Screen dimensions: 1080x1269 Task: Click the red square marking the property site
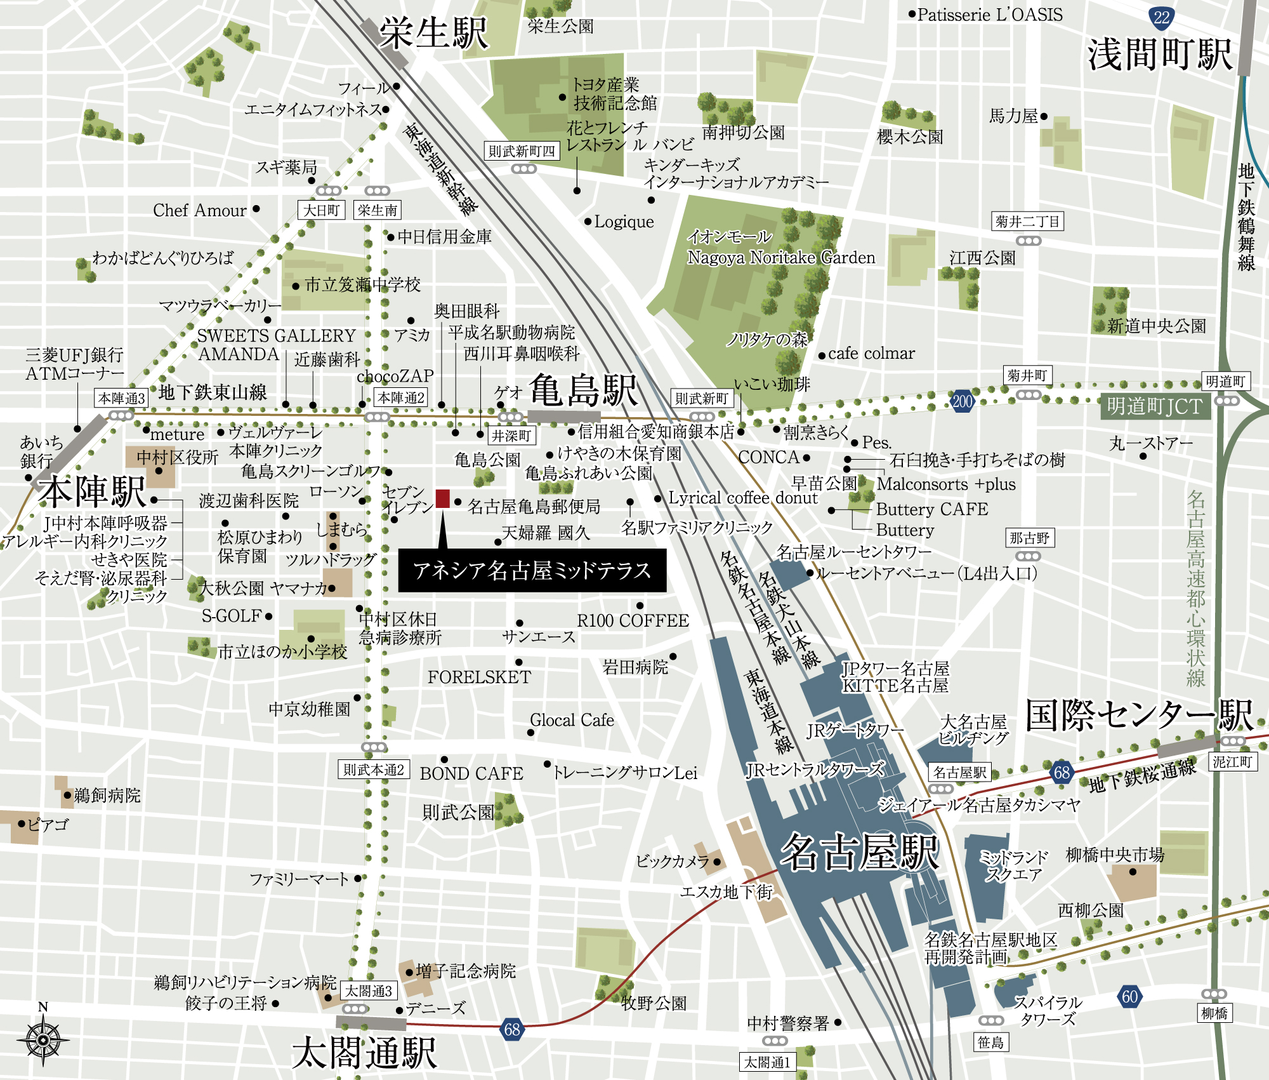click(443, 498)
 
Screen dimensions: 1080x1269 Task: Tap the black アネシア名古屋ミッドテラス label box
click(532, 571)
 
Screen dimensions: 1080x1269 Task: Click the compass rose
click(43, 1039)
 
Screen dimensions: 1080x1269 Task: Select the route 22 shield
click(1161, 18)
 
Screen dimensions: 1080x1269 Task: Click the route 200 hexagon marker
click(962, 401)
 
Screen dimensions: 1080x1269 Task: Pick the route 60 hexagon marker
click(1129, 996)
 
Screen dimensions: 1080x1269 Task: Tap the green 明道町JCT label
click(1154, 406)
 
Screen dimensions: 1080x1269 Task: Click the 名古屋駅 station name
click(859, 852)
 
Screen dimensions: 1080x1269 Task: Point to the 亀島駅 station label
click(583, 390)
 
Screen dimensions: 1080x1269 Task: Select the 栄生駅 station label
click(434, 33)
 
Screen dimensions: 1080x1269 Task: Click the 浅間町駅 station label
click(1160, 55)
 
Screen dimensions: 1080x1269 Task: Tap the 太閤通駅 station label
click(364, 1053)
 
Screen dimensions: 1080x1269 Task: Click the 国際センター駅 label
click(1139, 716)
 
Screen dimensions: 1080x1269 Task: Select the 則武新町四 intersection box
click(522, 151)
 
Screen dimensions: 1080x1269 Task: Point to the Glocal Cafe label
click(572, 720)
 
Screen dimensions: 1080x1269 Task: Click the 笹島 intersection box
click(990, 1042)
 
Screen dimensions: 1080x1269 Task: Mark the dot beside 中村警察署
click(838, 1022)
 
